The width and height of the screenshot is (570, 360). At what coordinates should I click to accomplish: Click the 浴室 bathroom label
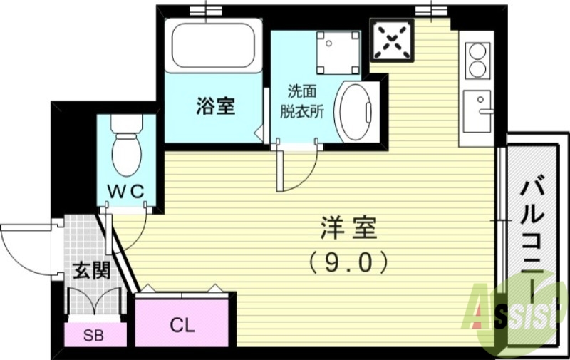point(216,106)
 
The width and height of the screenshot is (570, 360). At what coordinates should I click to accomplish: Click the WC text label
point(126,190)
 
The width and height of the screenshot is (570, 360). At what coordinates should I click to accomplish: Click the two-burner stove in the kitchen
point(477,60)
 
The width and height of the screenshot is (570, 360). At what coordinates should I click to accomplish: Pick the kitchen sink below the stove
point(479,110)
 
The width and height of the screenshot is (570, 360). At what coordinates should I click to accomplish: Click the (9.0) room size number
point(348,263)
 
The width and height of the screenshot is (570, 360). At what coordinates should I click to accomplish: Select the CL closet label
point(182,325)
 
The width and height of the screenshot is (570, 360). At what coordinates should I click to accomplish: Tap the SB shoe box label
point(93,335)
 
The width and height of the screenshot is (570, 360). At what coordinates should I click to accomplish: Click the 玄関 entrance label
point(91,272)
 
